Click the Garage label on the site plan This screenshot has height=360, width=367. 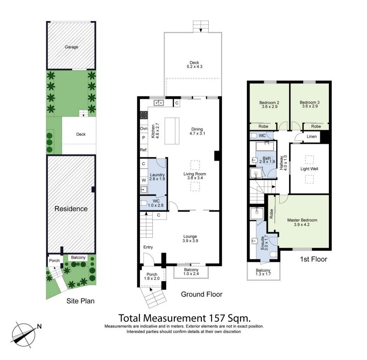pyautogui.click(x=72, y=47)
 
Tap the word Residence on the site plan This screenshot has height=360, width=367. pyautogui.click(x=71, y=208)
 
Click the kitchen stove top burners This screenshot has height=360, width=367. pyautogui.click(x=144, y=115)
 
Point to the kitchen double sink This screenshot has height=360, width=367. pyautogui.click(x=159, y=102)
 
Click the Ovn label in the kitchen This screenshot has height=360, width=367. pyautogui.click(x=144, y=129)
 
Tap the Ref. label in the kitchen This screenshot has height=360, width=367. pyautogui.click(x=144, y=150)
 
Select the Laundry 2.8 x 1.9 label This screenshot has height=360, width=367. pyautogui.click(x=157, y=177)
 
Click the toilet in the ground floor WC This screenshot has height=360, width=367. pyautogui.click(x=144, y=203)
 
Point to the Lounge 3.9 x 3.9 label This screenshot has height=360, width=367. pyautogui.click(x=190, y=238)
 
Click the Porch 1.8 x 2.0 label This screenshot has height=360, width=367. pyautogui.click(x=152, y=276)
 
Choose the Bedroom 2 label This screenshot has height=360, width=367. pyautogui.click(x=269, y=102)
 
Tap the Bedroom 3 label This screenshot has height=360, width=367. pyautogui.click(x=309, y=102)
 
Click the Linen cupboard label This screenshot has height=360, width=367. pyautogui.click(x=311, y=136)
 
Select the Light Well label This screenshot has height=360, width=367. pyautogui.click(x=309, y=169)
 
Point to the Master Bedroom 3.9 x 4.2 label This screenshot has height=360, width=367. pyautogui.click(x=302, y=222)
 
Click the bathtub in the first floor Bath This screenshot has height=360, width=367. pyautogui.click(x=265, y=146)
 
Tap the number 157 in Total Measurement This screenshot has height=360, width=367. pyautogui.click(x=216, y=318)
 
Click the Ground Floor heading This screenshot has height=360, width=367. pyautogui.click(x=202, y=294)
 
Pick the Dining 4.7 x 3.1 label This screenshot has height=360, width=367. pyautogui.click(x=197, y=131)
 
